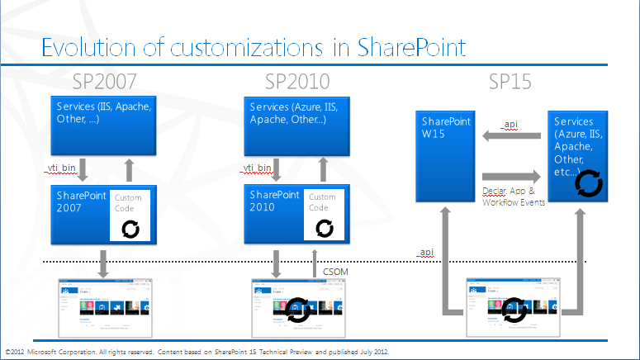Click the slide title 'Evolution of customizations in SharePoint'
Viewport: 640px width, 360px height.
253,46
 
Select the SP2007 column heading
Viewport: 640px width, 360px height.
103,82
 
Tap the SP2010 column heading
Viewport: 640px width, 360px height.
296,82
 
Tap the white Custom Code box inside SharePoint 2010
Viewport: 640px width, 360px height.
324,215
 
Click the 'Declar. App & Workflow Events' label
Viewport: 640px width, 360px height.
513,197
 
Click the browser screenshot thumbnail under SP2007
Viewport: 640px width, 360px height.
103,307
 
